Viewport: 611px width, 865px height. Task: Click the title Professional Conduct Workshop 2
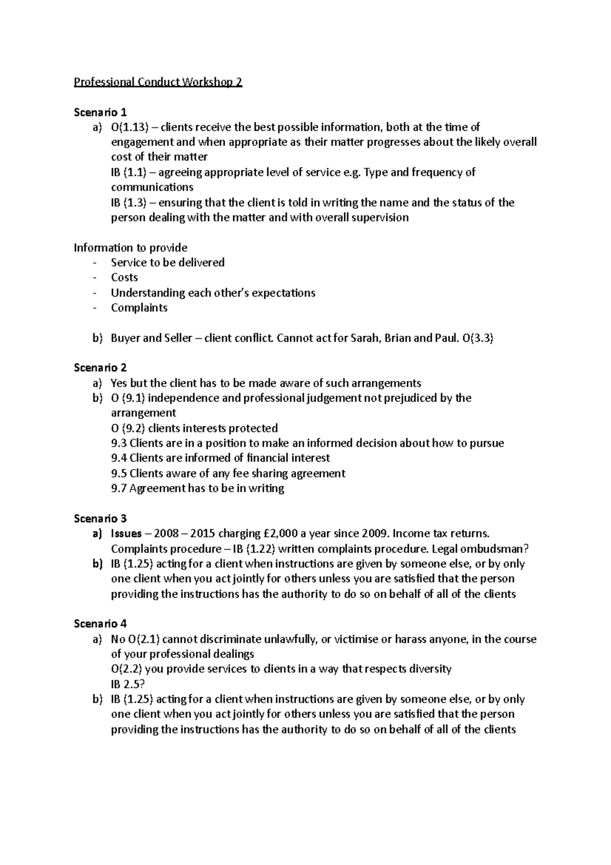coord(158,82)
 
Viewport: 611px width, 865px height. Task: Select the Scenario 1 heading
coord(100,112)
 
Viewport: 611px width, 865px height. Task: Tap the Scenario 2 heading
coord(100,368)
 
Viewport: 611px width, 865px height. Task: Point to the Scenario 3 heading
coord(100,519)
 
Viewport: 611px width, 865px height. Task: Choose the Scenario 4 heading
coord(100,624)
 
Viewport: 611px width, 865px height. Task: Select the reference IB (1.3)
coord(128,203)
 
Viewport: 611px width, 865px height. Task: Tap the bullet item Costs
coord(125,278)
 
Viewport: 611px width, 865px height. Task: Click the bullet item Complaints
coord(139,308)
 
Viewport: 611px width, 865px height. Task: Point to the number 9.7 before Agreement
coord(119,489)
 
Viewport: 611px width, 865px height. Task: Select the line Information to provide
coord(131,248)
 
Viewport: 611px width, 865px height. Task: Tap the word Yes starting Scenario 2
coord(119,383)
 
